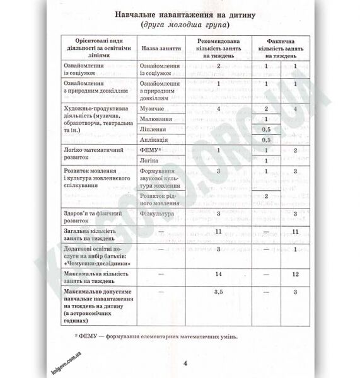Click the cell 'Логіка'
149,162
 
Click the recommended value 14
219,275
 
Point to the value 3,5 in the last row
219,292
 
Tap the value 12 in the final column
295,275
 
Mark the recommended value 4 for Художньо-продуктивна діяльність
218,109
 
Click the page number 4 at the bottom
185,363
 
